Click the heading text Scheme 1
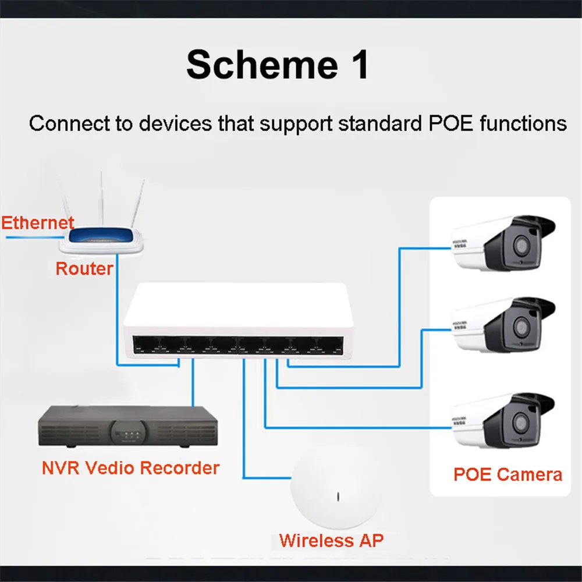(x=278, y=64)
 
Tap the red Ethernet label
(x=37, y=223)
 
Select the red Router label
(x=84, y=268)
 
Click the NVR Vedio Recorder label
(x=130, y=467)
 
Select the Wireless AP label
(x=331, y=540)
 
